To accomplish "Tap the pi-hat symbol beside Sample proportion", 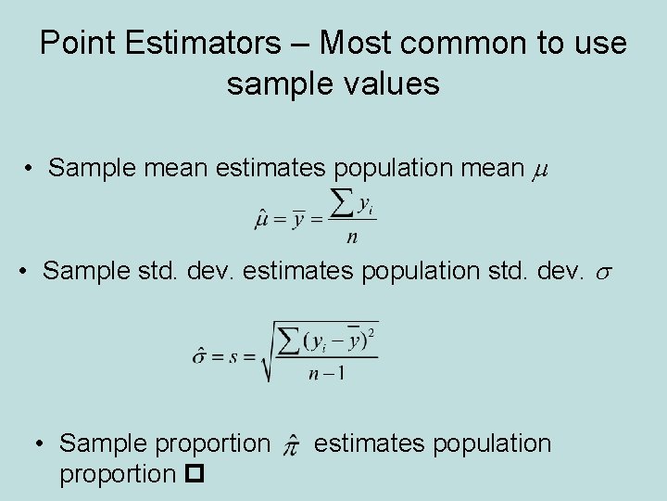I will (x=291, y=445).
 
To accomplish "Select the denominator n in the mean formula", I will (x=351, y=238).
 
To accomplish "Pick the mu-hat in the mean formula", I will (x=262, y=220).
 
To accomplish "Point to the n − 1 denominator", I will (x=326, y=374).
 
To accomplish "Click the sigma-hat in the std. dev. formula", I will (x=199, y=354).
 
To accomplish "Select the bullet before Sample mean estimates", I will (x=31, y=169).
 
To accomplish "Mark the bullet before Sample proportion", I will (x=42, y=443).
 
